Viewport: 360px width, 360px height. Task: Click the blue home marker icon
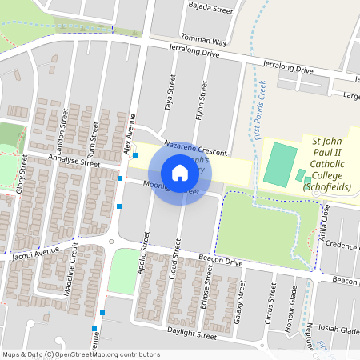tap(180, 172)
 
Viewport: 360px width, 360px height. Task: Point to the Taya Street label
tap(170, 94)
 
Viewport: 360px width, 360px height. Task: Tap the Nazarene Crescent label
tap(195, 146)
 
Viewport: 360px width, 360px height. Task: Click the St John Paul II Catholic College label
tap(328, 164)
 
